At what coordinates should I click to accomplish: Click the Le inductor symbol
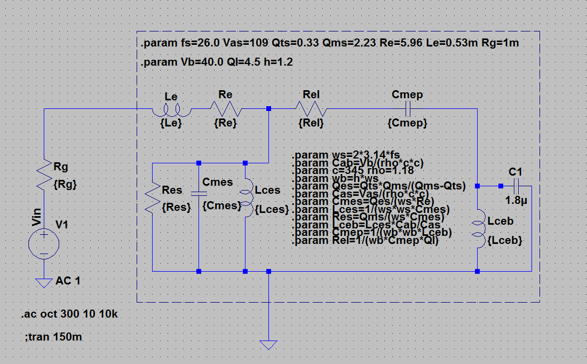tap(171, 110)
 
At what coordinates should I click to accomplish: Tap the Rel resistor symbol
tap(311, 109)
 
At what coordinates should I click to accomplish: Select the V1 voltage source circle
tap(44, 243)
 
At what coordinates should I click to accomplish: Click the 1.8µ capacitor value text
tap(516, 201)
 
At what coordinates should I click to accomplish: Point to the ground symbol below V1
tap(44, 282)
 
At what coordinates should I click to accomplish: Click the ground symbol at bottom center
tap(268, 344)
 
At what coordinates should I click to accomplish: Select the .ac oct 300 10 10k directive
tap(69, 314)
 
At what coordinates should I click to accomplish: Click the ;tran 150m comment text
tap(53, 337)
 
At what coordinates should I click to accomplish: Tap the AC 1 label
tap(68, 281)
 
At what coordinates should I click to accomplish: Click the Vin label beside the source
tap(36, 217)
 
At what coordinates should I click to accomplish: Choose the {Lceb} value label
tap(505, 241)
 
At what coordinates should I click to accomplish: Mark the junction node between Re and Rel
tap(268, 109)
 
